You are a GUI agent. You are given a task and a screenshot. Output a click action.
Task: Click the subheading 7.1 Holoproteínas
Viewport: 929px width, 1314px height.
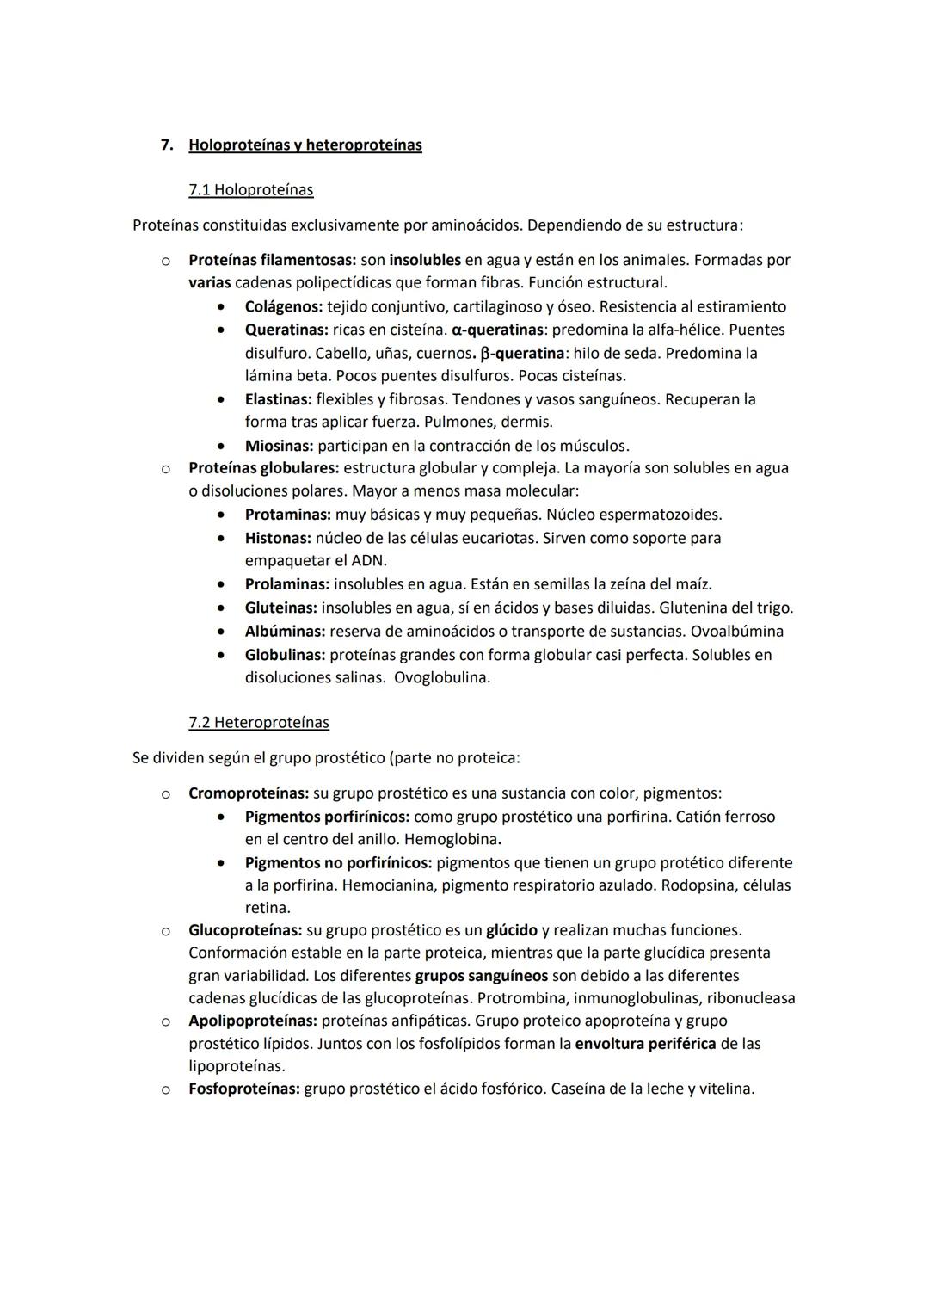click(250, 189)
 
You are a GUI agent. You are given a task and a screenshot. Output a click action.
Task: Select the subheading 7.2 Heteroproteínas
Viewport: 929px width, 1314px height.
click(258, 722)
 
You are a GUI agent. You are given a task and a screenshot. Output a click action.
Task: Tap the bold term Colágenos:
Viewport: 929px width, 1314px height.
click(284, 306)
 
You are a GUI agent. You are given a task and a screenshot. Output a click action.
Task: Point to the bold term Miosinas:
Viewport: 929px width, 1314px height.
click(280, 446)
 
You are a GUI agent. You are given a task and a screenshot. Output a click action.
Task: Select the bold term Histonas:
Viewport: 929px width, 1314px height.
click(278, 538)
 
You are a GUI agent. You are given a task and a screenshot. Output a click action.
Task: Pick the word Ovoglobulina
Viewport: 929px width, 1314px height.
click(441, 677)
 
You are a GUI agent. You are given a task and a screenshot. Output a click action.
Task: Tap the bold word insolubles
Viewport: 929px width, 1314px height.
click(425, 260)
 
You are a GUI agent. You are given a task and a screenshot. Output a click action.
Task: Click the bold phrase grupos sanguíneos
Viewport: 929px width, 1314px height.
click(481, 976)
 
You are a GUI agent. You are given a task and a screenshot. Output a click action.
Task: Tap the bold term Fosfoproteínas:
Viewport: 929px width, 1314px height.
click(244, 1089)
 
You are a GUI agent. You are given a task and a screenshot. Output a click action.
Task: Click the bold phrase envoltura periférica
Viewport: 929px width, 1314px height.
click(645, 1043)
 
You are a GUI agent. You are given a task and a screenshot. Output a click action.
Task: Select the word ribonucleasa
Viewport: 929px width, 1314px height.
click(750, 998)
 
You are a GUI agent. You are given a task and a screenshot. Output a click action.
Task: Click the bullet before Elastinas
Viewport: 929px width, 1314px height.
click(223, 399)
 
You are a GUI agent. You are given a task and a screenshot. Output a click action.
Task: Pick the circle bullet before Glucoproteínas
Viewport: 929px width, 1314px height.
click(164, 930)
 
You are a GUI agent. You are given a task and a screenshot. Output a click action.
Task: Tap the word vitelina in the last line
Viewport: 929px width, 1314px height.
click(723, 1089)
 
